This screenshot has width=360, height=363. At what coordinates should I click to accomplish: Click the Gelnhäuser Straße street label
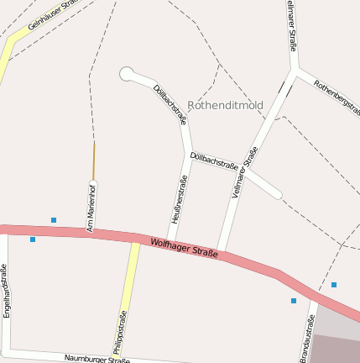(x=52, y=14)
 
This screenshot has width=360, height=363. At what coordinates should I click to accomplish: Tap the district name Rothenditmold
(x=225, y=106)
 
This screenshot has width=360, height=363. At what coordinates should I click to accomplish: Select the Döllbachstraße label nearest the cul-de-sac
(x=170, y=105)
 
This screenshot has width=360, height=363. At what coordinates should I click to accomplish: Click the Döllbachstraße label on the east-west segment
(x=214, y=161)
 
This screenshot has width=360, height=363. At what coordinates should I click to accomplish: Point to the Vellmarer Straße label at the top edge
(x=291, y=25)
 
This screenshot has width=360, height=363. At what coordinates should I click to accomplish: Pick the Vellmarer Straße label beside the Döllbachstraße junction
(x=243, y=172)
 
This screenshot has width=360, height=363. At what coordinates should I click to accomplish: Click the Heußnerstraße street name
(x=179, y=199)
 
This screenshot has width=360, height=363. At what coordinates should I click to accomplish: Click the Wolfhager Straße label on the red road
(x=185, y=248)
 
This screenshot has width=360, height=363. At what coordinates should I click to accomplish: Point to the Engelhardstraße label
(x=6, y=290)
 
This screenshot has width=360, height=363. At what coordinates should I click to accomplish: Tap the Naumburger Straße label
(x=97, y=359)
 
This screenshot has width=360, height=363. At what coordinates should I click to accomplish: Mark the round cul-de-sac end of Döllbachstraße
(x=128, y=74)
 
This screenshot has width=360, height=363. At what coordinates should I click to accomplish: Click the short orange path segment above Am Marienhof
(x=93, y=160)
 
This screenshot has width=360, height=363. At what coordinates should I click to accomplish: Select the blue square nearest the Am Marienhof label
(x=54, y=220)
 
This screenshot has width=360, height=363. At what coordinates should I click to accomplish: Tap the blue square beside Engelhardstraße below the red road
(x=33, y=239)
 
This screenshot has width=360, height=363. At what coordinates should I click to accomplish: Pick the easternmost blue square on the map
(x=334, y=285)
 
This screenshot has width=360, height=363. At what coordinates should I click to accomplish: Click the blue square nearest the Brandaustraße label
(x=294, y=301)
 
